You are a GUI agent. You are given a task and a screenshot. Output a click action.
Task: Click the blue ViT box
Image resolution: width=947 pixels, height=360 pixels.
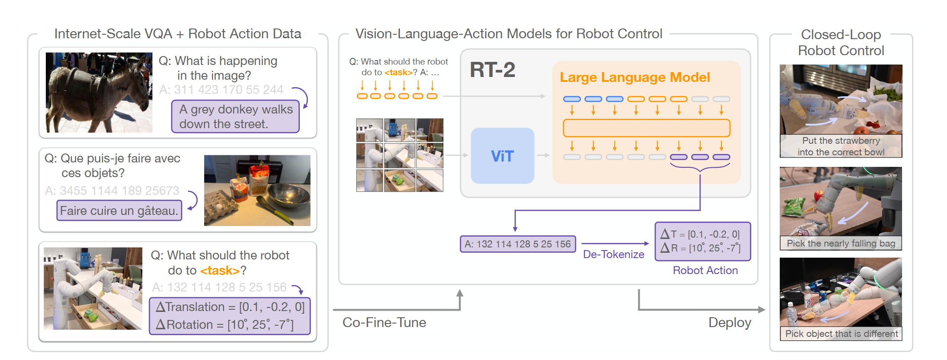tap(502, 156)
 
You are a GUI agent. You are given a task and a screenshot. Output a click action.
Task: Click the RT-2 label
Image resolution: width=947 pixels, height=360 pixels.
tap(492, 70)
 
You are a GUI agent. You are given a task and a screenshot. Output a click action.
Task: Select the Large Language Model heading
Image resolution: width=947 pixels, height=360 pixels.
tap(634, 77)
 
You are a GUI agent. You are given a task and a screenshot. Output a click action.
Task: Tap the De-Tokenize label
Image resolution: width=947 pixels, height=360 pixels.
tap(613, 254)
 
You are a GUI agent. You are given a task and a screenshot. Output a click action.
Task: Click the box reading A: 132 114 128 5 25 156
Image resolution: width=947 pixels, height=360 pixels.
tap(518, 244)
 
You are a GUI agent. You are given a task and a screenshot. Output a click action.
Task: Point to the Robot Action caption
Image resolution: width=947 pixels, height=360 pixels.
tap(705, 270)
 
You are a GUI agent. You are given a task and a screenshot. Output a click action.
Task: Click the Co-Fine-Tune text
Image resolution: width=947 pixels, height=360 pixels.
tap(384, 322)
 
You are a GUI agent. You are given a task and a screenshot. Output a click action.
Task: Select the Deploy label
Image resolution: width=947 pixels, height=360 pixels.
tap(729, 322)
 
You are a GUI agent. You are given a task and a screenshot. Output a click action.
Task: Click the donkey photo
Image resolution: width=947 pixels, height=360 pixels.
tap(99, 93)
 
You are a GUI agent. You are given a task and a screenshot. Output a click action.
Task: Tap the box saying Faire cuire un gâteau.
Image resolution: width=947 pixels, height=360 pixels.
tap(119, 210)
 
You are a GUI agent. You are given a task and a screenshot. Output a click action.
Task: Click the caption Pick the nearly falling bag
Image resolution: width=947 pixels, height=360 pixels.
tap(841, 243)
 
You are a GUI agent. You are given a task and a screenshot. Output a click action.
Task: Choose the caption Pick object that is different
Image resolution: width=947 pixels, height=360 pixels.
tap(841, 334)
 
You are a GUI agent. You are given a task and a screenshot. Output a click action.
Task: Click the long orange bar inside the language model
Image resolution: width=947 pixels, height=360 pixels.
tap(646, 128)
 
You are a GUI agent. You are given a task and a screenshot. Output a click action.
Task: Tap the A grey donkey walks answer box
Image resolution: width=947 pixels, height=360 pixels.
tap(235, 117)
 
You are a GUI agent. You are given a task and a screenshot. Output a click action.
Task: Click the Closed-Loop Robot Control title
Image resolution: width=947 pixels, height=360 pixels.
tap(841, 43)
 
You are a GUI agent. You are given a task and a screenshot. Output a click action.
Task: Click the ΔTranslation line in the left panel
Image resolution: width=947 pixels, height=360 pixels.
tap(230, 307)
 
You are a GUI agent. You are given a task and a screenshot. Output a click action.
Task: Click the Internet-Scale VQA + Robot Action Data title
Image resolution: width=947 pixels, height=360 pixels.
tap(177, 34)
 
